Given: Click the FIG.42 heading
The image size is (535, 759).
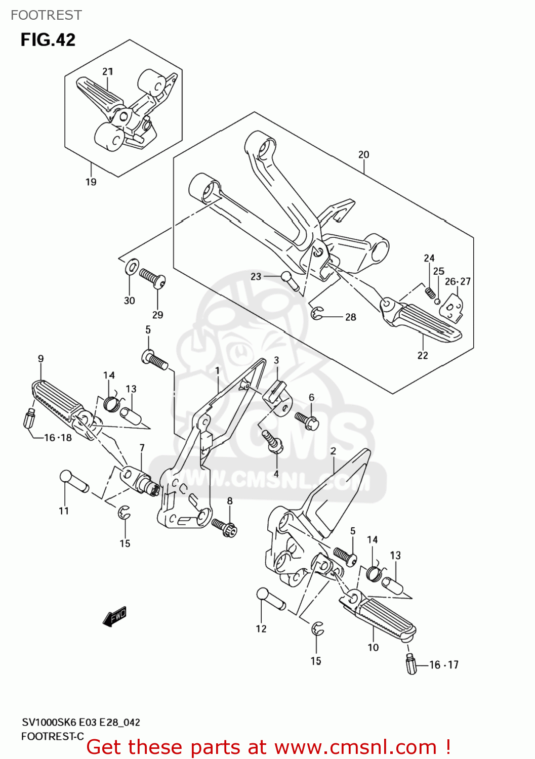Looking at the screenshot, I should pos(48,40).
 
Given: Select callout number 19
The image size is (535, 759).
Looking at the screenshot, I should pos(91,182).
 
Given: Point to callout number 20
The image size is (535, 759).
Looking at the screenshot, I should pos(363,154).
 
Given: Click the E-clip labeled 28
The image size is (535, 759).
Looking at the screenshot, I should pos(317,314).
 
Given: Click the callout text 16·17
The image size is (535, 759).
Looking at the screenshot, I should pos(444,665).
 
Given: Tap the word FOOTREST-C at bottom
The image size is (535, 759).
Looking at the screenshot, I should pos(52,736).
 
